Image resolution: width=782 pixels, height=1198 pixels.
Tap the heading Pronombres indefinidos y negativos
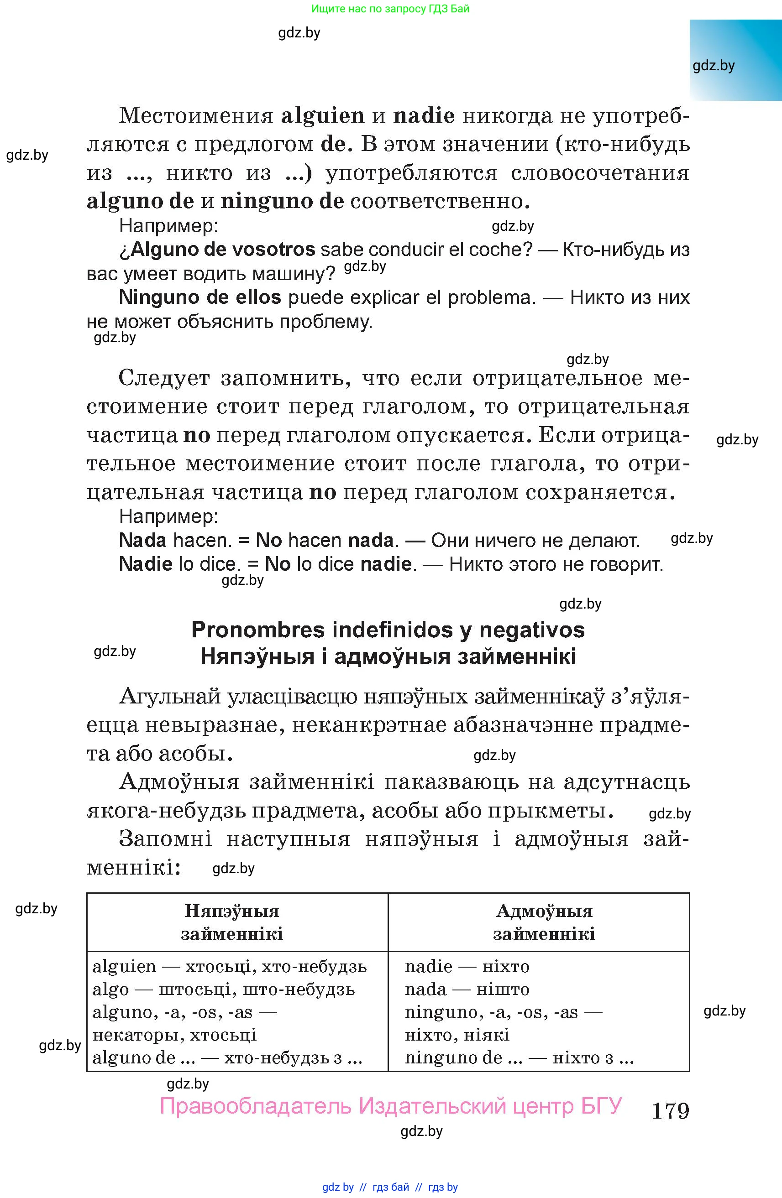tap(388, 630)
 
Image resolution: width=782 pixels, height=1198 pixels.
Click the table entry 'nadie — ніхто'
tap(467, 966)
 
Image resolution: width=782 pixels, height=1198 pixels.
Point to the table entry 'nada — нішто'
tap(467, 989)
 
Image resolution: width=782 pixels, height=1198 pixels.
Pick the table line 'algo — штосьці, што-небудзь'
tap(224, 989)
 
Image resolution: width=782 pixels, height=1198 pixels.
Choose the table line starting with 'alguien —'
tap(230, 966)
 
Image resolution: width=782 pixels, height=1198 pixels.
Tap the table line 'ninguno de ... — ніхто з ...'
tap(519, 1057)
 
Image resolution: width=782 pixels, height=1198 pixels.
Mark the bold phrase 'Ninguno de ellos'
tap(200, 297)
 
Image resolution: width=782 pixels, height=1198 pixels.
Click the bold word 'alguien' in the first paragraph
tap(322, 116)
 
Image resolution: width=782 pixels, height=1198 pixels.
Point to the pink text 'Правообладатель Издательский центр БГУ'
tap(391, 1106)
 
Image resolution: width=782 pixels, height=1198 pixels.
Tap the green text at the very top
tap(390, 9)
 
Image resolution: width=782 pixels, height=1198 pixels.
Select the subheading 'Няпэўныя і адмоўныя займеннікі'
tap(388, 656)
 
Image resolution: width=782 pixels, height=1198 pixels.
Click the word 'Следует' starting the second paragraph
tap(164, 378)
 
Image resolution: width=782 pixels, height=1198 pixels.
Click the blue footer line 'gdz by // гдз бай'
tap(390, 1187)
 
